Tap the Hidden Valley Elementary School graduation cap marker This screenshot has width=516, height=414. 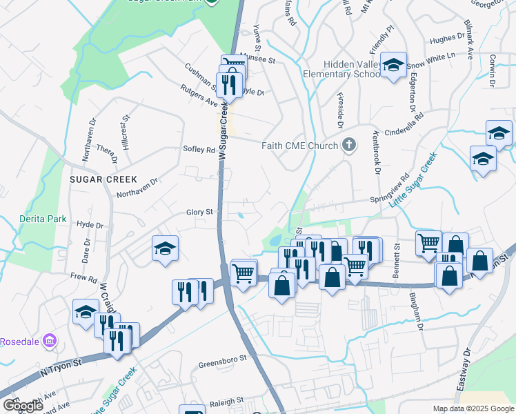[x=393, y=65]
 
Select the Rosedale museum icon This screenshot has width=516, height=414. [x=49, y=341]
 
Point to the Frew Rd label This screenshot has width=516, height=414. [x=83, y=277]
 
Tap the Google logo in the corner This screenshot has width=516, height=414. [x=23, y=406]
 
